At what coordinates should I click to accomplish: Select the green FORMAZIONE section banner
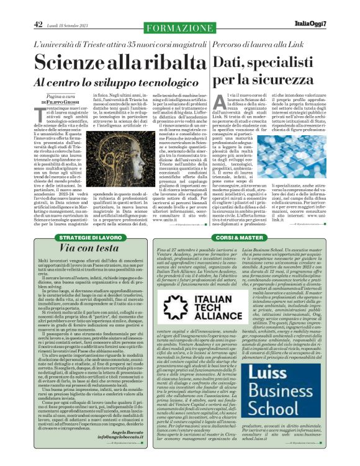pyautogui.click(x=179, y=28)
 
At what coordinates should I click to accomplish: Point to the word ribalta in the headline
pyautogui.click(x=159, y=63)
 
